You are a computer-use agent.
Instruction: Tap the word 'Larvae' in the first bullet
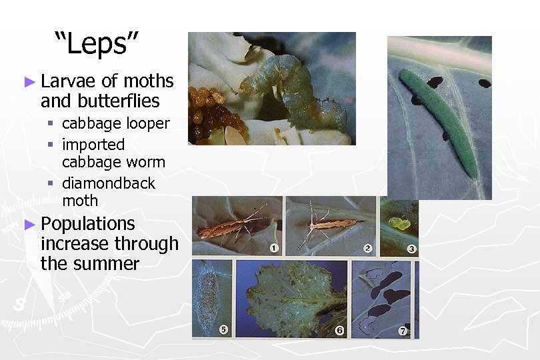[69, 82]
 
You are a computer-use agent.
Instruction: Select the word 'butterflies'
[118, 101]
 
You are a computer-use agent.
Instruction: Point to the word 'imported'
[93, 145]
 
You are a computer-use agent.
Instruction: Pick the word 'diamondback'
[109, 183]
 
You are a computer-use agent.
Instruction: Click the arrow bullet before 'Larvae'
[29, 82]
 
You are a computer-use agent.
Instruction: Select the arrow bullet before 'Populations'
[29, 225]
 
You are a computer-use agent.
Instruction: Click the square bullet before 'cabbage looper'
[50, 124]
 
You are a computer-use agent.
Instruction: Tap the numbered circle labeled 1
[274, 249]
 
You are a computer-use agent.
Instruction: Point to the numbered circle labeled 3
[412, 249]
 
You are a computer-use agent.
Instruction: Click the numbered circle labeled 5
[224, 329]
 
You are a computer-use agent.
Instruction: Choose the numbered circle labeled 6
[339, 330]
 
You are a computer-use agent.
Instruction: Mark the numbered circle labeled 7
[403, 330]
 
